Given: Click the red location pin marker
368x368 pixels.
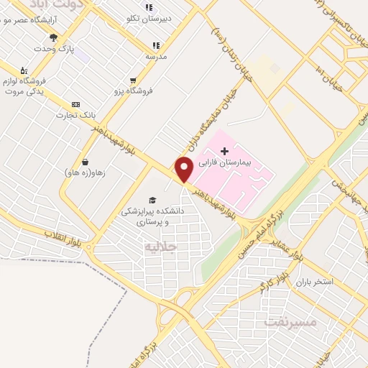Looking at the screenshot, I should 184,169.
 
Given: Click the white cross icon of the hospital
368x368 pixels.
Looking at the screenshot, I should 224,151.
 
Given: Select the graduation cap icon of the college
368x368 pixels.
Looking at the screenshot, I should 152,200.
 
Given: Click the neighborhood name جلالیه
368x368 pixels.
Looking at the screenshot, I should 160,247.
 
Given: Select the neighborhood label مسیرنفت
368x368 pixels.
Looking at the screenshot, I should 290,321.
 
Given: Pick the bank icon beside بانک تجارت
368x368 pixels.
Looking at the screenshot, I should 76,105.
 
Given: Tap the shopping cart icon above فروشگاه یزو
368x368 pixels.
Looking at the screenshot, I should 133,80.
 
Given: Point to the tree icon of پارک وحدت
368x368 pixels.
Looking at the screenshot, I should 53,37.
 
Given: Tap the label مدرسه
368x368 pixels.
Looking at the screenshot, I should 156,55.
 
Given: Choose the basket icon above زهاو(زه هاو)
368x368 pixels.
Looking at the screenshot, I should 86,162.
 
